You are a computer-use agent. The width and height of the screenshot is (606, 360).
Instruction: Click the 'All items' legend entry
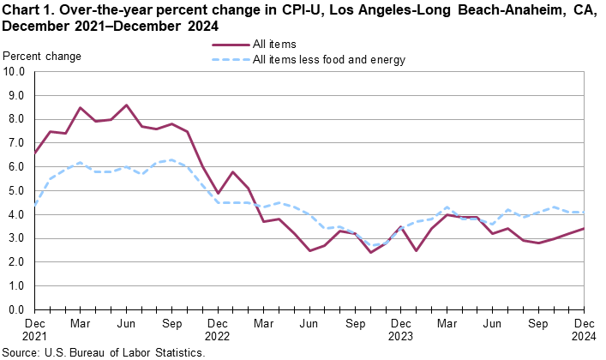(x=274, y=45)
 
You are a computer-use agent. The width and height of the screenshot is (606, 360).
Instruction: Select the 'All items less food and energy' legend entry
(x=328, y=59)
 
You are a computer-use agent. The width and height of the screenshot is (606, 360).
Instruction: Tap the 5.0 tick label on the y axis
(x=17, y=191)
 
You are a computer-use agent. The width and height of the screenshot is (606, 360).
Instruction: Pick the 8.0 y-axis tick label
(x=17, y=120)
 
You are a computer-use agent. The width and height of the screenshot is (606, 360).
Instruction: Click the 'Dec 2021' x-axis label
(x=33, y=330)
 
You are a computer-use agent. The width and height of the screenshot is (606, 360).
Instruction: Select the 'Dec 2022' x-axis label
(x=218, y=330)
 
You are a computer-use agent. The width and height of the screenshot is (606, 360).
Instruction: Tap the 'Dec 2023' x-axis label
(x=401, y=330)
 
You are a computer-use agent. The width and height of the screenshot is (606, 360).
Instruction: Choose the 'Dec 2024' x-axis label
(x=585, y=330)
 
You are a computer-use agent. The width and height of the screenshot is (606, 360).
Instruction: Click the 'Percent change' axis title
(x=43, y=56)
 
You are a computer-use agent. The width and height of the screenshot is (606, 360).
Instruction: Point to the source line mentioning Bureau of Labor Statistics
(x=103, y=352)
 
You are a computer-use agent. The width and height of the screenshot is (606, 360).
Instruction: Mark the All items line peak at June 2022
(x=126, y=105)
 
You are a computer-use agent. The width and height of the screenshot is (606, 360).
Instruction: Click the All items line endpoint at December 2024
(x=585, y=229)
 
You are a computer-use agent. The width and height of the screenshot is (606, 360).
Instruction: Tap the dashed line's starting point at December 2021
(x=34, y=206)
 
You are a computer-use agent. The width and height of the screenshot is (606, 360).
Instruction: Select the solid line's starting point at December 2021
(x=34, y=153)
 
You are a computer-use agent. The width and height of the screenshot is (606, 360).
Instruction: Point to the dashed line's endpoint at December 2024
(x=585, y=213)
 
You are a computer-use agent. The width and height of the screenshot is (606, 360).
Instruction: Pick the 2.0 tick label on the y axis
(x=17, y=262)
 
